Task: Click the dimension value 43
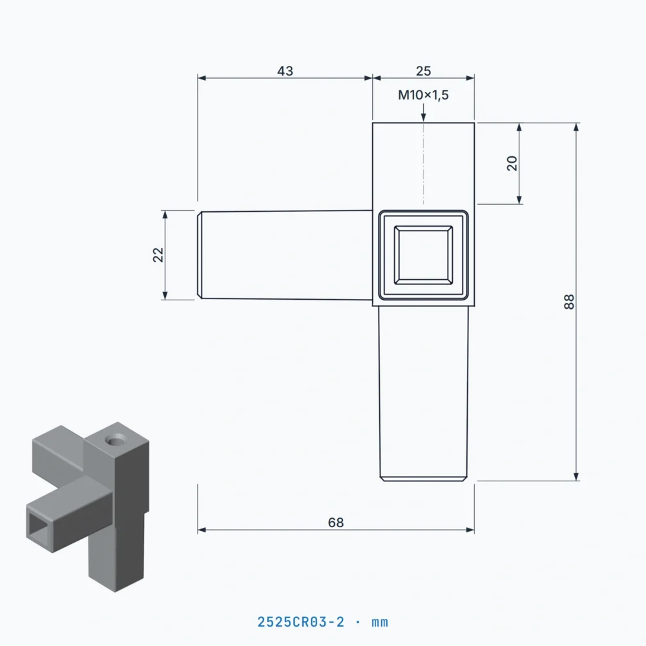click(x=285, y=71)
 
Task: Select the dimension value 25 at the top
click(x=423, y=71)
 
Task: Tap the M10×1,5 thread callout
click(x=423, y=95)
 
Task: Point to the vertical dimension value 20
click(x=512, y=163)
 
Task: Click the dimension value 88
click(x=569, y=302)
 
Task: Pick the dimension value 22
click(x=158, y=255)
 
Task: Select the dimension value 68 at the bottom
click(x=336, y=523)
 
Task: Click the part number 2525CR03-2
click(x=301, y=621)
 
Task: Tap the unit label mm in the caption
click(x=380, y=623)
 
